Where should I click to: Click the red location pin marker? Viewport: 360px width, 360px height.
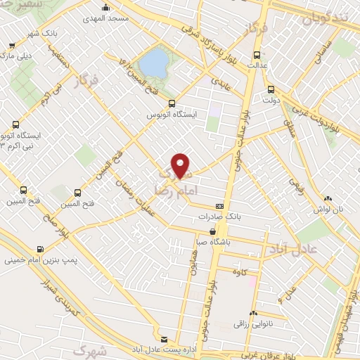181,165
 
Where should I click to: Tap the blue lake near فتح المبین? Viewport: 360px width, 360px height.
152,64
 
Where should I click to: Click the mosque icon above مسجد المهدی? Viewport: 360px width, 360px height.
105,8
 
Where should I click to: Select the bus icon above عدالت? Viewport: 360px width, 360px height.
256,54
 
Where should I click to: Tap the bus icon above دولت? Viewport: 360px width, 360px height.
271,89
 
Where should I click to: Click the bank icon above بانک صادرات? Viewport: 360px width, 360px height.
221,206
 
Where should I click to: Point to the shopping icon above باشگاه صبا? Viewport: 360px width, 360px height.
212,231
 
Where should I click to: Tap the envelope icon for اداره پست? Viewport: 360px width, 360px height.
164,339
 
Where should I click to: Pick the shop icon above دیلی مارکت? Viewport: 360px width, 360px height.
11,44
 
